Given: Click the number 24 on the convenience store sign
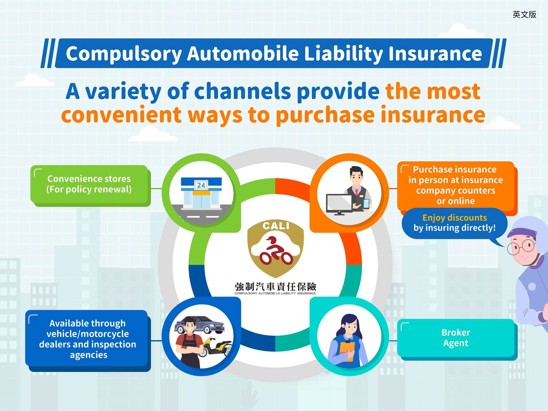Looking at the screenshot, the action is point(201,185).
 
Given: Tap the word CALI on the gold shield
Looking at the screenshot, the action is point(276,226).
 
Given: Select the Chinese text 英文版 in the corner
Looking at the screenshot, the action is point(524,14).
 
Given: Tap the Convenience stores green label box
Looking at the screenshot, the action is point(89,184).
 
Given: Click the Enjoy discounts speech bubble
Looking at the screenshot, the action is point(454,223).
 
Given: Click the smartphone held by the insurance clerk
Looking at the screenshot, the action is point(366,204).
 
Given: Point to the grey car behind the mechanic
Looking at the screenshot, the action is point(200,325).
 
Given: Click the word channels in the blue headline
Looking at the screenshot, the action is point(243,91).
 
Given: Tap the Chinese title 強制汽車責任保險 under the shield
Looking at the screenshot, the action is point(275,286).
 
